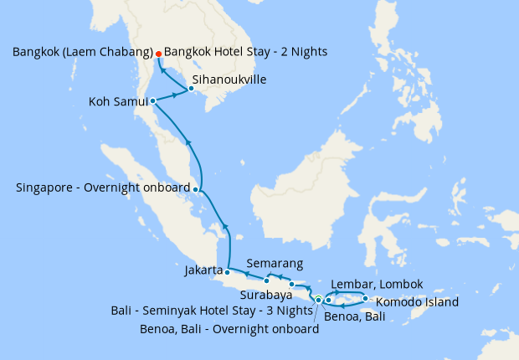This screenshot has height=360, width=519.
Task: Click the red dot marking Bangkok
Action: click(158, 54)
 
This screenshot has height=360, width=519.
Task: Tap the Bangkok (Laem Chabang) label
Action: click(82, 52)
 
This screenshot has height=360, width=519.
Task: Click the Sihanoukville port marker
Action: click(191, 88)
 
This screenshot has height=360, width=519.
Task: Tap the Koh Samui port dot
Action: click(152, 101)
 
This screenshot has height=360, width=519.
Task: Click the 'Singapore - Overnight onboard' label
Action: click(103, 188)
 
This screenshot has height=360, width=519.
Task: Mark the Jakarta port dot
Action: click(227, 272)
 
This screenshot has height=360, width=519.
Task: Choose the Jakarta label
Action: click(203, 270)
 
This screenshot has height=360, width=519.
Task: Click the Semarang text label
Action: click(270, 263)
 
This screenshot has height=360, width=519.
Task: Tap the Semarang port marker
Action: click(266, 280)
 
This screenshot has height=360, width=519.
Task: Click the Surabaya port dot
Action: click(291, 285)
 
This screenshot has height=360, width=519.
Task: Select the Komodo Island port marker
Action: click(365, 299)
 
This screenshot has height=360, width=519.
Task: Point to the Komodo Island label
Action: click(411, 302)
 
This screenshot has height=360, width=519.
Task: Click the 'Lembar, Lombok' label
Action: click(378, 284)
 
